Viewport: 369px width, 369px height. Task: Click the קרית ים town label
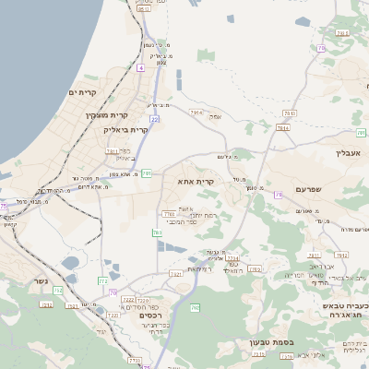click(x=83, y=92)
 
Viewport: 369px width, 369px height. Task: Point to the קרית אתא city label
click(x=196, y=183)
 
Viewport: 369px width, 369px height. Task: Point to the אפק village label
click(x=215, y=116)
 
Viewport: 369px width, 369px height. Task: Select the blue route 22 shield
click(x=155, y=119)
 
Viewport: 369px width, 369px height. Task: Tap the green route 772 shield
click(x=103, y=280)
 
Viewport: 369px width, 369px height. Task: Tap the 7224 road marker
click(x=232, y=258)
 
